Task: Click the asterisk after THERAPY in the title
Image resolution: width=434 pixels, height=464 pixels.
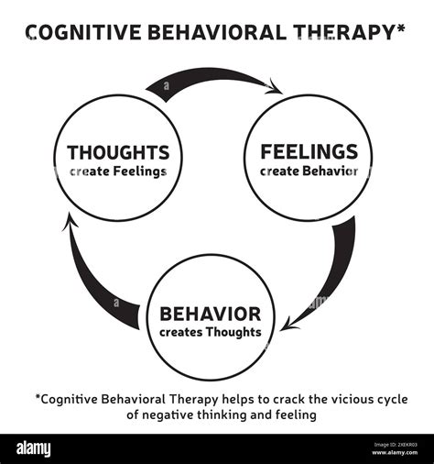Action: coord(401,29)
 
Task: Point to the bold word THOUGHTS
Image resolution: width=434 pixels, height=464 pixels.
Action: coord(117,152)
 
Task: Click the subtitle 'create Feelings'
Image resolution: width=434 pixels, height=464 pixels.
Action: coord(117,171)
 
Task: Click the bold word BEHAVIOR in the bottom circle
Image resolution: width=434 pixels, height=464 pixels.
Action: coord(211,314)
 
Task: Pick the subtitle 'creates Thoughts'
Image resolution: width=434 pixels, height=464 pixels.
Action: coord(211,332)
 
